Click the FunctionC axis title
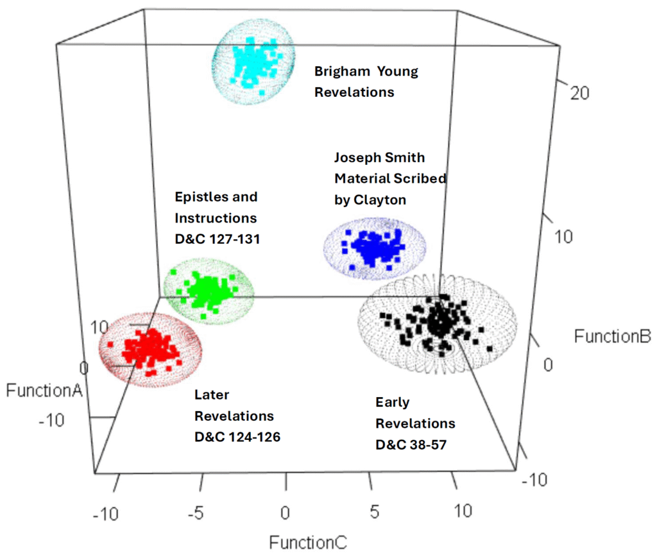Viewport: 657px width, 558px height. click(308, 543)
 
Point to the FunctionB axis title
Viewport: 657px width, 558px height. click(613, 336)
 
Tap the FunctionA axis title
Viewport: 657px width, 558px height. click(44, 390)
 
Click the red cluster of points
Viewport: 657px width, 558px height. click(149, 349)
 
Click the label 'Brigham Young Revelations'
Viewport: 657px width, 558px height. click(366, 81)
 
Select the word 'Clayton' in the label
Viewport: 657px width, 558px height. click(370, 199)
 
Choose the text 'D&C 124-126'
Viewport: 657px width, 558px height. click(237, 437)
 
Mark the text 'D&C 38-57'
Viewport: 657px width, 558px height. click(411, 444)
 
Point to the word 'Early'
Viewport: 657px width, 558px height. click(393, 402)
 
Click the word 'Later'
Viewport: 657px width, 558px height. click(212, 395)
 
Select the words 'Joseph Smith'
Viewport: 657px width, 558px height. click(380, 157)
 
